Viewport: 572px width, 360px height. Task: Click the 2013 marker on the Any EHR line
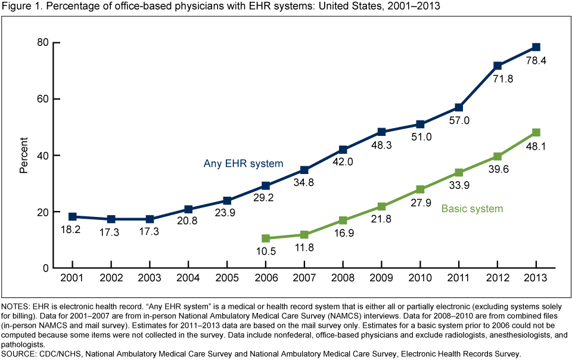(536, 47)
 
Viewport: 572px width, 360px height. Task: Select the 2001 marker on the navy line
(72, 217)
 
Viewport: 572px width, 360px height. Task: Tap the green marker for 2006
(265, 238)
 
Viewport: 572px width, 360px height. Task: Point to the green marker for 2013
(536, 132)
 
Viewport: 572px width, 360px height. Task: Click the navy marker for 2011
(458, 107)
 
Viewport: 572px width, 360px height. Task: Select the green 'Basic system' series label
(472, 209)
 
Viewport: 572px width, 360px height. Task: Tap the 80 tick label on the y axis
(42, 42)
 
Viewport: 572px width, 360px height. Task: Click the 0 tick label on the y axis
(45, 268)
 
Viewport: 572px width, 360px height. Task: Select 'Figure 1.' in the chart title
(20, 7)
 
